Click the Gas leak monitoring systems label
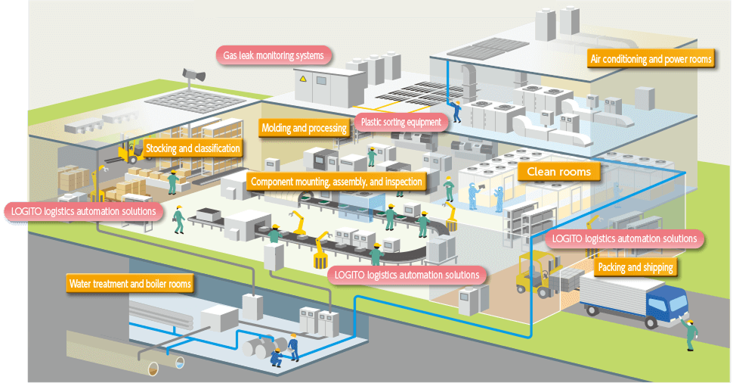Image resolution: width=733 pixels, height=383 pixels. click(274, 56)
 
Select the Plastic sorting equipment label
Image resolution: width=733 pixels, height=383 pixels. click(401, 122)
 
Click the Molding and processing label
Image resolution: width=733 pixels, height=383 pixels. click(304, 128)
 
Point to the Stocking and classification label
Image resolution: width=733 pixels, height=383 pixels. click(193, 149)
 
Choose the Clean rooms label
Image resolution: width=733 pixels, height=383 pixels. click(558, 172)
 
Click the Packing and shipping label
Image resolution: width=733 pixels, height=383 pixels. click(636, 268)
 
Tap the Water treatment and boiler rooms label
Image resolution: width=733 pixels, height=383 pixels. click(130, 284)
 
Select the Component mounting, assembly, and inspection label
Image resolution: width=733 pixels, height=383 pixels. click(336, 182)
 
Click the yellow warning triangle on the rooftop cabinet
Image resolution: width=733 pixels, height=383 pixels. click(303, 78)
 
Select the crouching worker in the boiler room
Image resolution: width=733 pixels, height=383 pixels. click(277, 357)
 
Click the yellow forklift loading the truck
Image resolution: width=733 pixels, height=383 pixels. click(537, 275)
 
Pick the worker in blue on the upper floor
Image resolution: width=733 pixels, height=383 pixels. click(456, 111)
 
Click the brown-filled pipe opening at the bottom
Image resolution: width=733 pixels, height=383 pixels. click(153, 369)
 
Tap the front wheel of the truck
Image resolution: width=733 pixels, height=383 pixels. click(651, 322)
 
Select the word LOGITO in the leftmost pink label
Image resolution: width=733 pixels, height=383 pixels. click(26, 212)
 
